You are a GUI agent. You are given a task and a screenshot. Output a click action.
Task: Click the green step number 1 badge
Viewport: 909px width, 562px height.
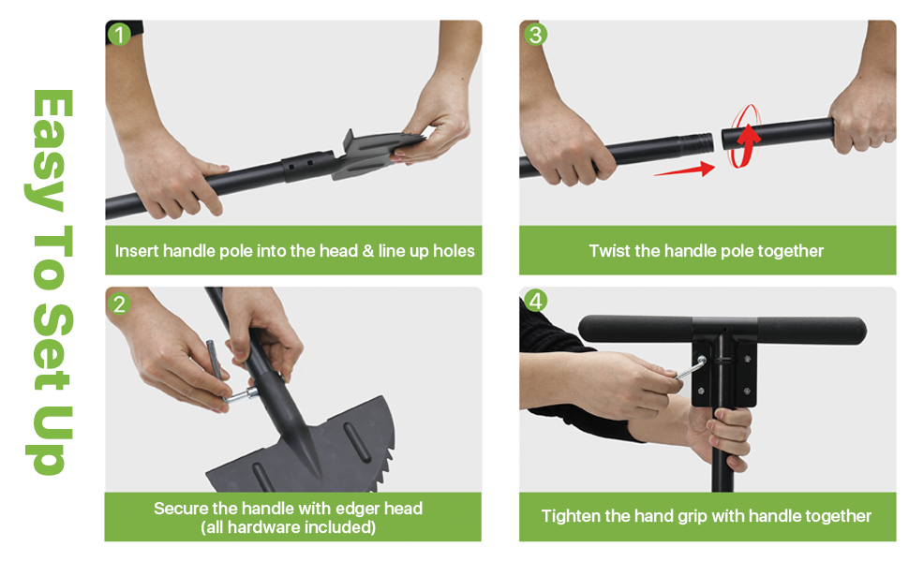[x=119, y=35]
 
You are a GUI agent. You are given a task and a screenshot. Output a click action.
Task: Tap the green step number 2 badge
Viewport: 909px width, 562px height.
[x=119, y=303]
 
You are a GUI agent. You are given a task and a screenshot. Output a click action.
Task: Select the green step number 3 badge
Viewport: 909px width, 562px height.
[x=535, y=35]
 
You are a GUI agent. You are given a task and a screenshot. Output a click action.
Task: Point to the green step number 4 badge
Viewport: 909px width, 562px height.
[x=535, y=301]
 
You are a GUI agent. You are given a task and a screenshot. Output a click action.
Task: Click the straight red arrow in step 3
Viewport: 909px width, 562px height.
[x=685, y=170]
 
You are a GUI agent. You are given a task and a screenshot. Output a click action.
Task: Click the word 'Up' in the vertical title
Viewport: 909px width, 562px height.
[x=51, y=440]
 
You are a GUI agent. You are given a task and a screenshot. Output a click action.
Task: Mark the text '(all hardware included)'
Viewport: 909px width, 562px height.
[x=288, y=527]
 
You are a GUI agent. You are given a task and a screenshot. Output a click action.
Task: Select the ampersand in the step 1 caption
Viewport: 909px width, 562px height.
[x=368, y=251]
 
